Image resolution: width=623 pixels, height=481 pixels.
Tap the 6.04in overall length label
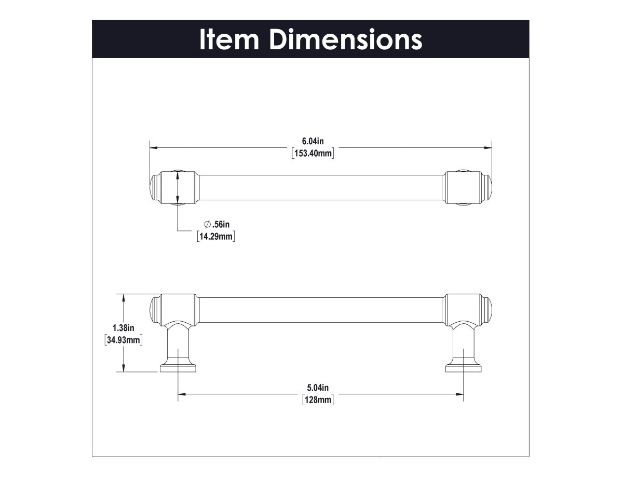[x=313, y=141]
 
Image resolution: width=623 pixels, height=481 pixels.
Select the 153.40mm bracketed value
[x=313, y=154]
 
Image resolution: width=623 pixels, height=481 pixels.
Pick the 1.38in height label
[x=124, y=327]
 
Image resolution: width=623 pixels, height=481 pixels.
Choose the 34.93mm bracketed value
[x=124, y=340]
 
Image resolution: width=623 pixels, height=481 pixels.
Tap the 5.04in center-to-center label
[x=318, y=387]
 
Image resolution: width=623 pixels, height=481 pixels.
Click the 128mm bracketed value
[x=318, y=400]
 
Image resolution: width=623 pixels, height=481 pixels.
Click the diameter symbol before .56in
[x=207, y=224]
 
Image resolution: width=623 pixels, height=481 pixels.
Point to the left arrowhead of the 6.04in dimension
[x=153, y=147]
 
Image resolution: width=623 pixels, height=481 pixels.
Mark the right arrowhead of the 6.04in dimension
[x=489, y=147]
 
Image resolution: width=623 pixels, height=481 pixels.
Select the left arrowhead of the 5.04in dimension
[x=182, y=394]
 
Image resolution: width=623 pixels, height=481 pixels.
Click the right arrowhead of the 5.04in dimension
[x=461, y=394]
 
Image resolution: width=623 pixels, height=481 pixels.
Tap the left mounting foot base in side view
[x=179, y=368]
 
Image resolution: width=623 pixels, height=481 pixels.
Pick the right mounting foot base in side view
[x=463, y=368]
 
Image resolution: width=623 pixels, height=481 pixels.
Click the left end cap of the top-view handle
[x=154, y=187]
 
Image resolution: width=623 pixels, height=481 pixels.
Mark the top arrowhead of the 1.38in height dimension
[x=123, y=297]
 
